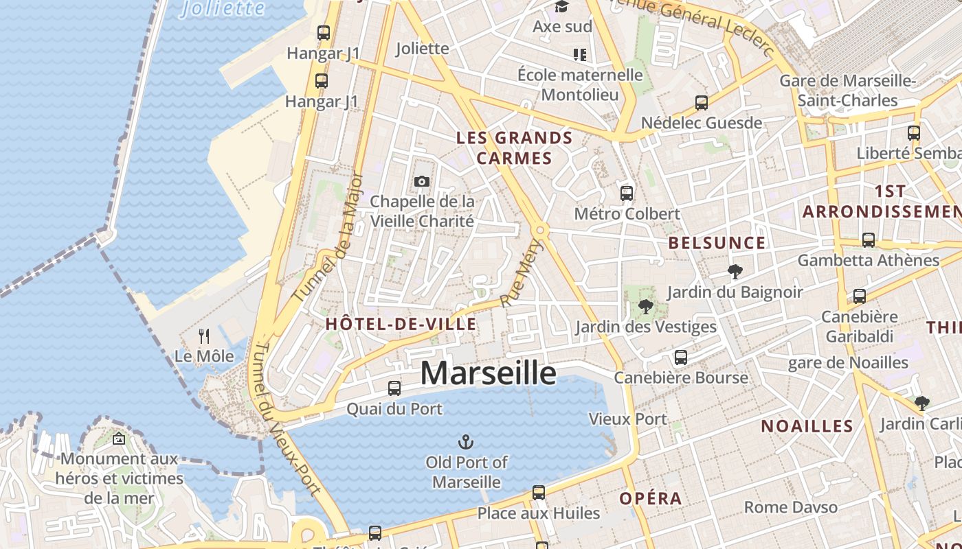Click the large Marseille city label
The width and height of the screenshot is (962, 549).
click(488, 373)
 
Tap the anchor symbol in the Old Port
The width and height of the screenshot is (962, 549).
click(467, 441)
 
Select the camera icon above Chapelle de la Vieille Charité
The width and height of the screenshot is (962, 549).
click(422, 182)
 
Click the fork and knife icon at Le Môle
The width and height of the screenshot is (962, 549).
click(204, 336)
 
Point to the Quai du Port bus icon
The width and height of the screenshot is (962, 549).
click(394, 388)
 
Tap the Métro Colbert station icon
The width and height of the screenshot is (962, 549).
click(627, 193)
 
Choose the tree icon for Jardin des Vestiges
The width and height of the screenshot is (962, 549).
click(645, 306)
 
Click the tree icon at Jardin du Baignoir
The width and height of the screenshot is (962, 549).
click(735, 272)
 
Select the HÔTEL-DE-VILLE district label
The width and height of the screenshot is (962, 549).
click(401, 324)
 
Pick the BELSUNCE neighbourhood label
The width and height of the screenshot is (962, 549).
click(717, 243)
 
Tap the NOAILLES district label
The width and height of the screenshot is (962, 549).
click(807, 426)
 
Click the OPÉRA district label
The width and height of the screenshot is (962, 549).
click(651, 498)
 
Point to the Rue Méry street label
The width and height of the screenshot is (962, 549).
click(522, 272)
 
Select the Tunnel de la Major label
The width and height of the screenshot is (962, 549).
click(328, 237)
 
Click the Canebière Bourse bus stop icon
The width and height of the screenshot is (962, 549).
click(681, 358)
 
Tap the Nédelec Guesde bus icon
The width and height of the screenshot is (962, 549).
click(702, 103)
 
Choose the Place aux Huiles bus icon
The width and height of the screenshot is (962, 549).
click(539, 493)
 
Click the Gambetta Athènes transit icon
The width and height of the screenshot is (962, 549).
click(869, 240)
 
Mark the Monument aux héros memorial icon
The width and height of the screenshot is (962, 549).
click(119, 439)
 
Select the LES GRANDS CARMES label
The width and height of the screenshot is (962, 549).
click(515, 148)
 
